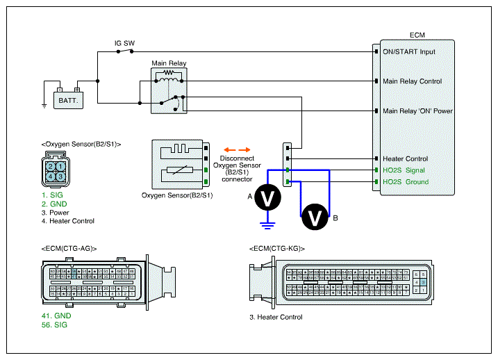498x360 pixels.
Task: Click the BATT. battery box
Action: pos(67,100)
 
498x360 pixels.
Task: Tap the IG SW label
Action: pos(124,43)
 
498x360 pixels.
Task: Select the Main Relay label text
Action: pos(168,63)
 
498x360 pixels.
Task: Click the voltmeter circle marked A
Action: pos(267,198)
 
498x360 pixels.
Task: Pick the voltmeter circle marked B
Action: pos(315,217)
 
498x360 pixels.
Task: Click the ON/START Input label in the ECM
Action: pos(408,51)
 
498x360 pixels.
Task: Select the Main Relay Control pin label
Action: pos(412,81)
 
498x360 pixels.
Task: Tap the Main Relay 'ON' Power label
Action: pos(417,111)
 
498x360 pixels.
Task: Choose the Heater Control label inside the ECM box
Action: pos(405,158)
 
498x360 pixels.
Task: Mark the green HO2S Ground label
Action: pos(406,182)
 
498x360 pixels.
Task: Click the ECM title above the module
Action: pos(417,34)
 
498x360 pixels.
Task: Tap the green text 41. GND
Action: pos(56,316)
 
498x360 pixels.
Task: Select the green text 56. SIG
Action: pos(54,325)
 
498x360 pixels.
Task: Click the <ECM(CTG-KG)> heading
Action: pos(276,248)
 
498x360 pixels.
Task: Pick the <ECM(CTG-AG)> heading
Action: pos(69,248)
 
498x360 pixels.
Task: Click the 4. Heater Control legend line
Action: pos(67,221)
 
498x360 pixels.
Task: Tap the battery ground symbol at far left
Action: pos(44,105)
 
